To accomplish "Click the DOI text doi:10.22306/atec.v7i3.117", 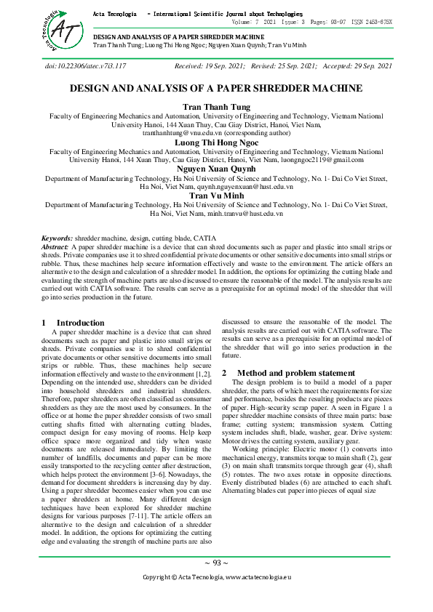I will pos(85,66).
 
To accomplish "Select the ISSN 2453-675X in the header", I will pos(372,23).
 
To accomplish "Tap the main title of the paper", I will pos(216,89).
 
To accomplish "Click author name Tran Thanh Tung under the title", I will pos(216,106).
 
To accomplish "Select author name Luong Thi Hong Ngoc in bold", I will pos(216,142).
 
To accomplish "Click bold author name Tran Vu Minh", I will pos(216,195).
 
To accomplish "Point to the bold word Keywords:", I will pos(56,238).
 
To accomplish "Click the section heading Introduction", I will pos(80,323).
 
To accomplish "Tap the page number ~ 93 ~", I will pos(216,563).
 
